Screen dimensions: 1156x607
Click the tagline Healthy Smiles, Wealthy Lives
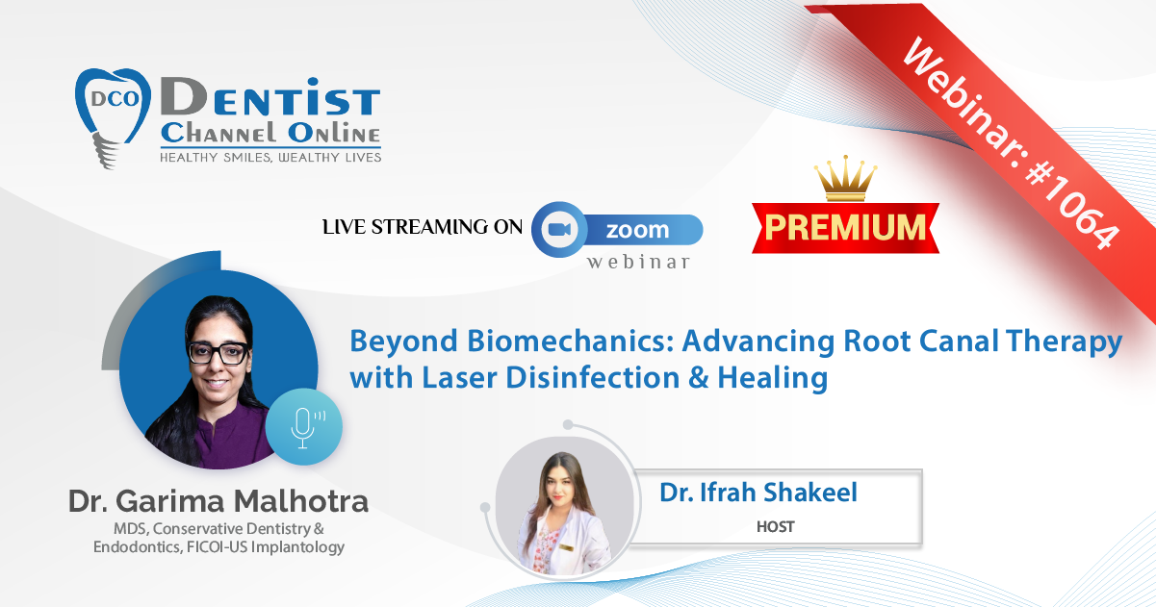[270, 158]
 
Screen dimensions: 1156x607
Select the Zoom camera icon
[559, 229]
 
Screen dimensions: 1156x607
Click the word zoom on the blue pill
[637, 230]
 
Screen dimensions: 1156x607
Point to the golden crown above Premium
[845, 178]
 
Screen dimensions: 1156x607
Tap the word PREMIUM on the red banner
[845, 227]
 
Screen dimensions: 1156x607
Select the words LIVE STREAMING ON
[423, 227]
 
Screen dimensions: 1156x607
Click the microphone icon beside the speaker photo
[304, 427]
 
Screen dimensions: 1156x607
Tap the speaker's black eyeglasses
[218, 353]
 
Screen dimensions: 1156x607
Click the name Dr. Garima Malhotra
[218, 501]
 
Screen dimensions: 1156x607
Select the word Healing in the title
[773, 378]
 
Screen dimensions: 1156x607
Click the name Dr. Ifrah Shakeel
[758, 493]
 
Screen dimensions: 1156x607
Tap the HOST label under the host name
[776, 527]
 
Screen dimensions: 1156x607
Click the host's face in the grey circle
[561, 489]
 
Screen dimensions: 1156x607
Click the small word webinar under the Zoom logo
[638, 262]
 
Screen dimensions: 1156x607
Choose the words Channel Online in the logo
[270, 134]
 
